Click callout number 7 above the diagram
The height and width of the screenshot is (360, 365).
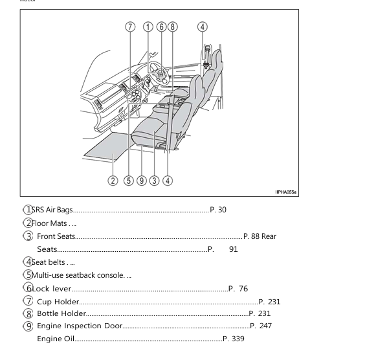click(x=129, y=27)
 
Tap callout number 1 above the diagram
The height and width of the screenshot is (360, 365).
click(x=148, y=27)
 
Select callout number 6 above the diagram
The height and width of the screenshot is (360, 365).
click(x=161, y=27)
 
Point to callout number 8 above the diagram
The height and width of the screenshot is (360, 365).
click(x=172, y=27)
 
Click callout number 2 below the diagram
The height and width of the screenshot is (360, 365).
click(x=113, y=181)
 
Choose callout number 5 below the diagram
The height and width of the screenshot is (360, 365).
click(x=129, y=181)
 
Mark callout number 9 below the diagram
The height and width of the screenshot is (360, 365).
click(x=141, y=181)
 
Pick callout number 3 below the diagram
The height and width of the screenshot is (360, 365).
click(x=154, y=181)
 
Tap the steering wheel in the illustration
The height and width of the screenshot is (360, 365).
click(x=155, y=70)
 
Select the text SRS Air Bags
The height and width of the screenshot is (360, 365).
click(x=52, y=210)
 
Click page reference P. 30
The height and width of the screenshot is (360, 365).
click(x=218, y=210)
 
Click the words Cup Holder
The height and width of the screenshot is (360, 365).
click(x=58, y=302)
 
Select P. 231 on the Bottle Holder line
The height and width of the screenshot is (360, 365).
click(x=260, y=313)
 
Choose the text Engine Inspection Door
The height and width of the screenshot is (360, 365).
click(x=79, y=326)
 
